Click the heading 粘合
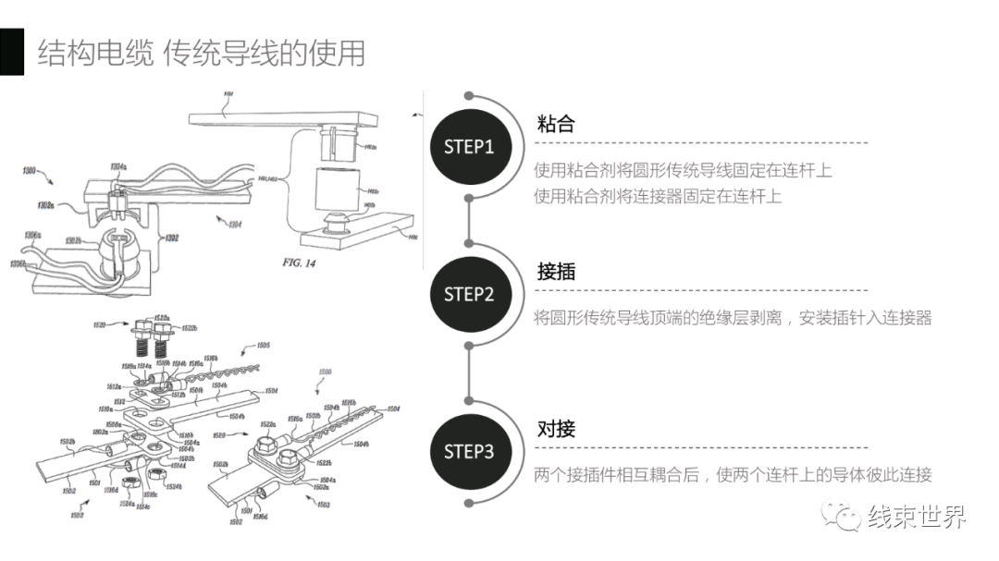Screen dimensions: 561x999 pos(556,124)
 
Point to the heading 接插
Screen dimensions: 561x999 pos(556,272)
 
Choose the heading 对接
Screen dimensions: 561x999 pos(556,429)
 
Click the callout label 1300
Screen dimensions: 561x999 pos(30,171)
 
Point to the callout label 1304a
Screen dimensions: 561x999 pos(117,166)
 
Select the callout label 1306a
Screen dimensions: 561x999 pos(31,235)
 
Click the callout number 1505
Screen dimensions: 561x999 pos(262,346)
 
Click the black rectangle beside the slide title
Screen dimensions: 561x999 pos(11,52)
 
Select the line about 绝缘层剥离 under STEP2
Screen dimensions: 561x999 pos(733,318)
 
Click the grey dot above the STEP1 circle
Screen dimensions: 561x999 pos(469,96)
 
